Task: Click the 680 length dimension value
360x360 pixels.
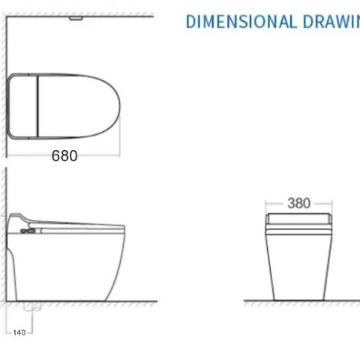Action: (x=64, y=156)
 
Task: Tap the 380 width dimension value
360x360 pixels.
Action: (x=298, y=203)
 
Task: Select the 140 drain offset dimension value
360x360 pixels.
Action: (x=19, y=331)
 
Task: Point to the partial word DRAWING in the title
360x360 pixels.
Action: (x=331, y=21)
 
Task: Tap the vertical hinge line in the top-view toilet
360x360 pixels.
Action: (x=37, y=106)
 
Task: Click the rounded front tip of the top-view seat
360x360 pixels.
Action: (x=118, y=106)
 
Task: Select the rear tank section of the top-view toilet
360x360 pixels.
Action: (x=22, y=106)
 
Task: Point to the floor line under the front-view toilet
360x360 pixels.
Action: (x=298, y=301)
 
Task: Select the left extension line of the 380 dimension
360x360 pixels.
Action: (x=268, y=206)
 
